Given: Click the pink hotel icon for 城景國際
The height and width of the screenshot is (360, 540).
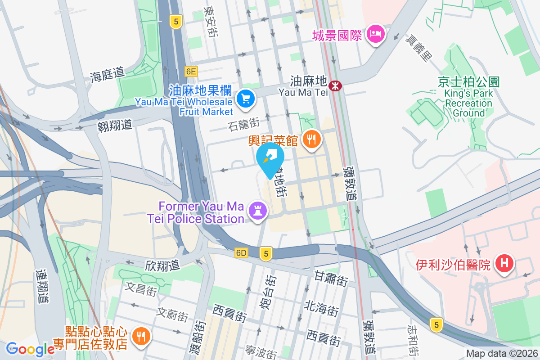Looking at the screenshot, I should click(x=375, y=34).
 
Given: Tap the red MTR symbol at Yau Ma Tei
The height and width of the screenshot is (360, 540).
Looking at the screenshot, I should click(x=335, y=85).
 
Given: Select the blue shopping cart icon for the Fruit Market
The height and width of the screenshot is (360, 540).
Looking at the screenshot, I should click(x=246, y=98).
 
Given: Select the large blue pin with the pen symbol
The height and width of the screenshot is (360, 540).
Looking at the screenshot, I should click(x=270, y=158).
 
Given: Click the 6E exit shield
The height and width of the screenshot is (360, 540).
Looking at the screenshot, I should click(x=191, y=71).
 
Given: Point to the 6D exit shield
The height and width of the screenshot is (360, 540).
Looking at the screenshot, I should click(x=241, y=253).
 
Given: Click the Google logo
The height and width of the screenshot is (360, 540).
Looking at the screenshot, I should click(x=30, y=349).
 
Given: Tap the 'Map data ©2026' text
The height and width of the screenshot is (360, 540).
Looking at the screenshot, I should click(x=501, y=353).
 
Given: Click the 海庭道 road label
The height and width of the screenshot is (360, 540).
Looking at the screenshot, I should click(x=107, y=74).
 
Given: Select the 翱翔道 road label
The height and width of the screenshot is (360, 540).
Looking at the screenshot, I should click(x=115, y=124).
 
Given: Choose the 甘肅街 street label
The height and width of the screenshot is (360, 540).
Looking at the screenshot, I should click(x=331, y=279).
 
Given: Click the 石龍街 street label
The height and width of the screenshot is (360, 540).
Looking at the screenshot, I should click(x=244, y=124).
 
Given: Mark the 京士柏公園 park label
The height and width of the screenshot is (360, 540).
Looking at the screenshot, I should click(x=468, y=82).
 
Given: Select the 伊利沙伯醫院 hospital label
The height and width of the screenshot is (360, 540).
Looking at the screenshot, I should click(x=453, y=265).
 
